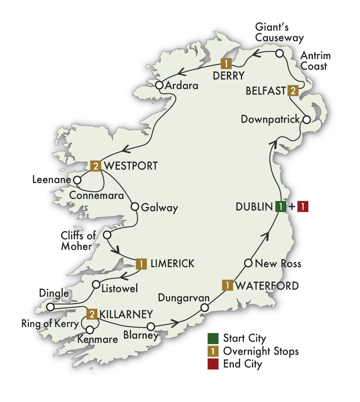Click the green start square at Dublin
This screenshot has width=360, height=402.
tap(279, 207)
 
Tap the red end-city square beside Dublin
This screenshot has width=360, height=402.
tap(303, 207)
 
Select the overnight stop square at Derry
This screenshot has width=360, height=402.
tap(225, 64)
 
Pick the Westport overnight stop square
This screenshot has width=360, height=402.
tap(96, 165)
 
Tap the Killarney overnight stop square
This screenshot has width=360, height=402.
tap(92, 314)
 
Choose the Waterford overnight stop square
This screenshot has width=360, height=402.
tap(227, 285)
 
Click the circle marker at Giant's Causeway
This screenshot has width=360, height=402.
tap(279, 54)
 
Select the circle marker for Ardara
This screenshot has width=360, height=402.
tap(159, 85)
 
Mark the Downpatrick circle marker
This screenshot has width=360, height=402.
tap(307, 119)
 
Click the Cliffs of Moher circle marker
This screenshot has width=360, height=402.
tap(107, 235)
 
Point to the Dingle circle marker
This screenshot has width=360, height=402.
tap(50, 307)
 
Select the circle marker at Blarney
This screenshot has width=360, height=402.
tap(151, 326)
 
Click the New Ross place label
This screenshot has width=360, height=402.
tap(278, 264)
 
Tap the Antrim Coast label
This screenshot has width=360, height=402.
tap(315, 61)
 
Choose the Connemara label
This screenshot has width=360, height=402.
tap(97, 195)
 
